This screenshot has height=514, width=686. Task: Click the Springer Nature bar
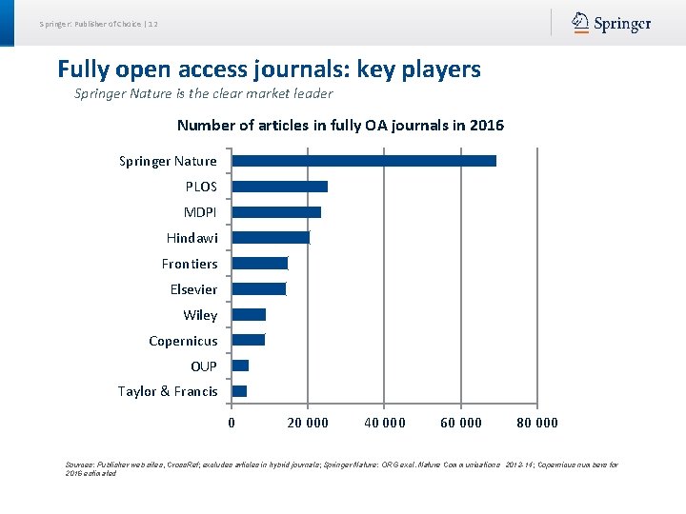364,161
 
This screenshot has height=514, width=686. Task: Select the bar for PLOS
280,187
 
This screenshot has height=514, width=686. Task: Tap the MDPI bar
276,212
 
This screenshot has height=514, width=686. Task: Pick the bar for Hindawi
271,238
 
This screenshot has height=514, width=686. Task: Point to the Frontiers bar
260,264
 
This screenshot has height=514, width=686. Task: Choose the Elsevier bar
259,289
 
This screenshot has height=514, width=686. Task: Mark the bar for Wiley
249,315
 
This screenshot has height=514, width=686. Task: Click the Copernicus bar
249,340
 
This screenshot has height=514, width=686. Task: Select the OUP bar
240,366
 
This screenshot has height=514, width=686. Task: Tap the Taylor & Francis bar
239,391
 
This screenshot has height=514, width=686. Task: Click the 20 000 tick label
308,423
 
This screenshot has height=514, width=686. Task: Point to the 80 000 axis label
537,423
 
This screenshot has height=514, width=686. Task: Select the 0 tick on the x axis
232,423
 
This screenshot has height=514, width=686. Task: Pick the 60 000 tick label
461,423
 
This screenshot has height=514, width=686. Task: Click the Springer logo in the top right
612,24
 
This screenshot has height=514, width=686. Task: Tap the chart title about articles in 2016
340,126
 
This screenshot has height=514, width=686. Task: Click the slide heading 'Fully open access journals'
269,69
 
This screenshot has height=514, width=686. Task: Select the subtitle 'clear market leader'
204,93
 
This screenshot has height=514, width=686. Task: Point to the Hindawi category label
192,238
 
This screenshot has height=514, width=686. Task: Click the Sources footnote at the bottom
341,468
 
